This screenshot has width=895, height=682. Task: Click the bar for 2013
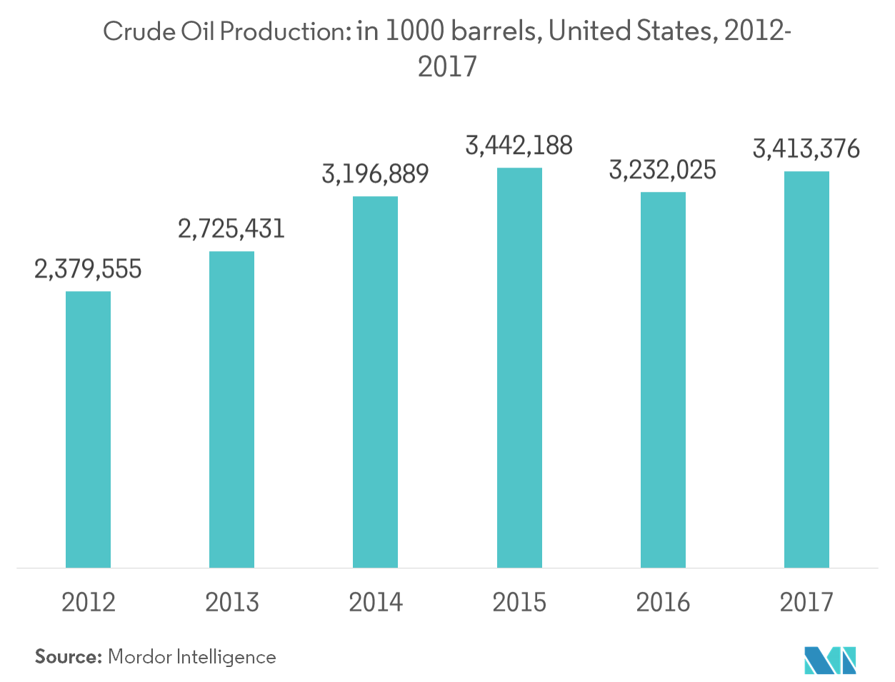(x=231, y=409)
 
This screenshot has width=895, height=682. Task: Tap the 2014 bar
(x=375, y=382)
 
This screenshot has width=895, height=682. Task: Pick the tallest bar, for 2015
(x=519, y=367)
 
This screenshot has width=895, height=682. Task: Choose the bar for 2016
(x=663, y=380)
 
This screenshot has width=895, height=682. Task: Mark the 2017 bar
(x=806, y=370)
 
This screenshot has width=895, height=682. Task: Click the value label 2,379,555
(x=88, y=270)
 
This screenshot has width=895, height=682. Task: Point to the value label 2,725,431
(x=231, y=229)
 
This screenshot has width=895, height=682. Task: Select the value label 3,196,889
(x=375, y=174)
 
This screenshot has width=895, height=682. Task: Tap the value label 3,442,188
(x=519, y=146)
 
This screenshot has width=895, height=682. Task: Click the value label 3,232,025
(x=662, y=170)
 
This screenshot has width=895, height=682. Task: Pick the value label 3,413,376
(x=806, y=149)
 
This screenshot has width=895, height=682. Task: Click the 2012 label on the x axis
(x=88, y=603)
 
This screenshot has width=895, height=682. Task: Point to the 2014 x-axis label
(x=375, y=603)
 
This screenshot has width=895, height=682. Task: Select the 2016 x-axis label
(x=663, y=603)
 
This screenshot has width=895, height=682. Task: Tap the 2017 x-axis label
(x=806, y=603)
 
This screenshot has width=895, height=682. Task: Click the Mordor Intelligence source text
(x=193, y=660)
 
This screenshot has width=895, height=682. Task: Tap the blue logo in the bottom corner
(x=829, y=660)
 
